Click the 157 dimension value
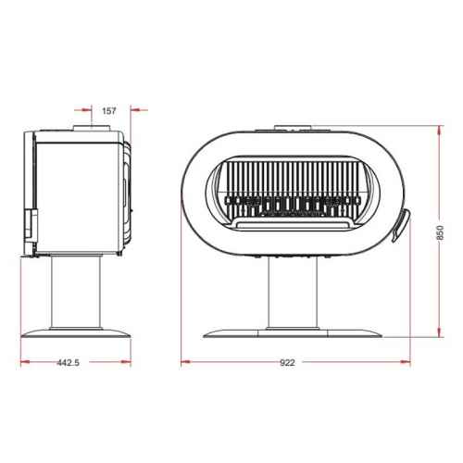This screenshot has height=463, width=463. tap(109, 111)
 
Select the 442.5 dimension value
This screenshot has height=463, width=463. tap(68, 362)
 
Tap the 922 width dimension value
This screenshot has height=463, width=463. tap(287, 362)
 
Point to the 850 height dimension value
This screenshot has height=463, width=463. tap(440, 232)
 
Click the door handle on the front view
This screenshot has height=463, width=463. tap(401, 226)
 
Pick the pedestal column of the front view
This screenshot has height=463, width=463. tap(293, 293)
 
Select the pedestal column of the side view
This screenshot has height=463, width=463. tap(76, 293)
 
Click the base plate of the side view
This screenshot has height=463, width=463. tap(76, 332)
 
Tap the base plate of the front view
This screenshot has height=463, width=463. tap(293, 333)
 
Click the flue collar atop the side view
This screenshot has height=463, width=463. tap(92, 128)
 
